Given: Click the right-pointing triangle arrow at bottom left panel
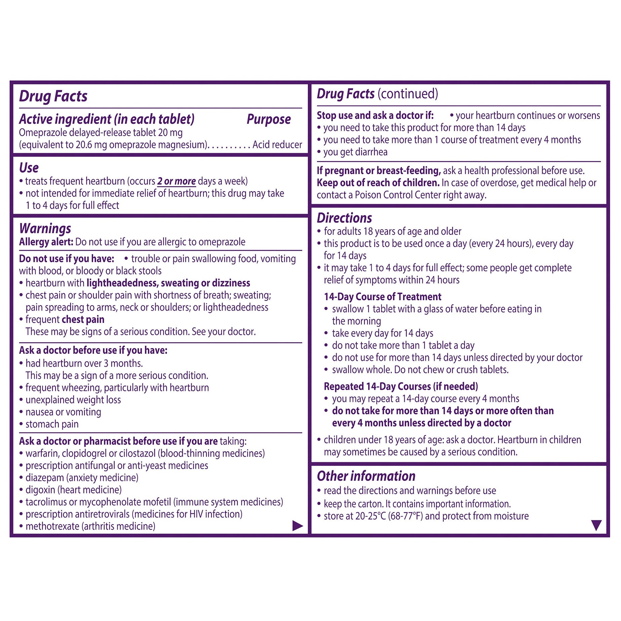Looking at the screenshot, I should pyautogui.click(x=297, y=526).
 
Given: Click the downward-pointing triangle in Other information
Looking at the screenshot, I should pyautogui.click(x=596, y=525).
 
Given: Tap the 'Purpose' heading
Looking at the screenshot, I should pyautogui.click(x=268, y=119).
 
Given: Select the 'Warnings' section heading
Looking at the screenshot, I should pyautogui.click(x=45, y=229).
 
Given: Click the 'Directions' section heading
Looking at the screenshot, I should pyautogui.click(x=344, y=218).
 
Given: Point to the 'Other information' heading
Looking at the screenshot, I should pyautogui.click(x=366, y=476).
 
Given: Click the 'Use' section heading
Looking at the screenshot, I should pyautogui.click(x=29, y=168).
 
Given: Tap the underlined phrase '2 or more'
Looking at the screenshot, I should pyautogui.click(x=176, y=181).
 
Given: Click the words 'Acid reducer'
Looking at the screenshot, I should pyautogui.click(x=277, y=144).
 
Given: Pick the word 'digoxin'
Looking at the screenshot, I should pyautogui.click(x=40, y=490).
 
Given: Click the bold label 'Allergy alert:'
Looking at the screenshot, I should pyautogui.click(x=46, y=242).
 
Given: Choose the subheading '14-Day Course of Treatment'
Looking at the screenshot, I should pyautogui.click(x=382, y=297).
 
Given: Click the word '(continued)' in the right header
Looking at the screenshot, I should pyautogui.click(x=408, y=94).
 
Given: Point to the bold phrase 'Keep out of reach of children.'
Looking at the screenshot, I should pyautogui.click(x=378, y=183).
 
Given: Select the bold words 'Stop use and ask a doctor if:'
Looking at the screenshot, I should pyautogui.click(x=375, y=116).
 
